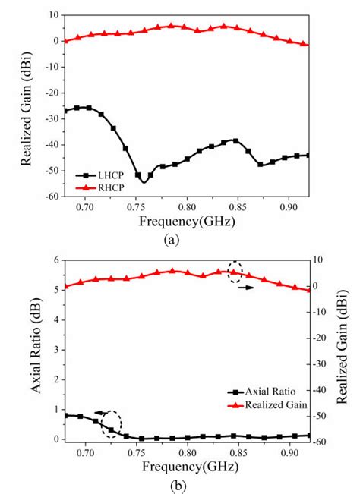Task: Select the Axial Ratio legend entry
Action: [262, 392]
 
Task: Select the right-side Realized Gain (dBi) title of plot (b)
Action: [343, 349]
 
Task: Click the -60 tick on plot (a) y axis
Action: [50, 197]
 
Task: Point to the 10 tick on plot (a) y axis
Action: [52, 14]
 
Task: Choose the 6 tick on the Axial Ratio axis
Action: [55, 260]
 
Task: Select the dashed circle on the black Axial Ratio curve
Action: [112, 422]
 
